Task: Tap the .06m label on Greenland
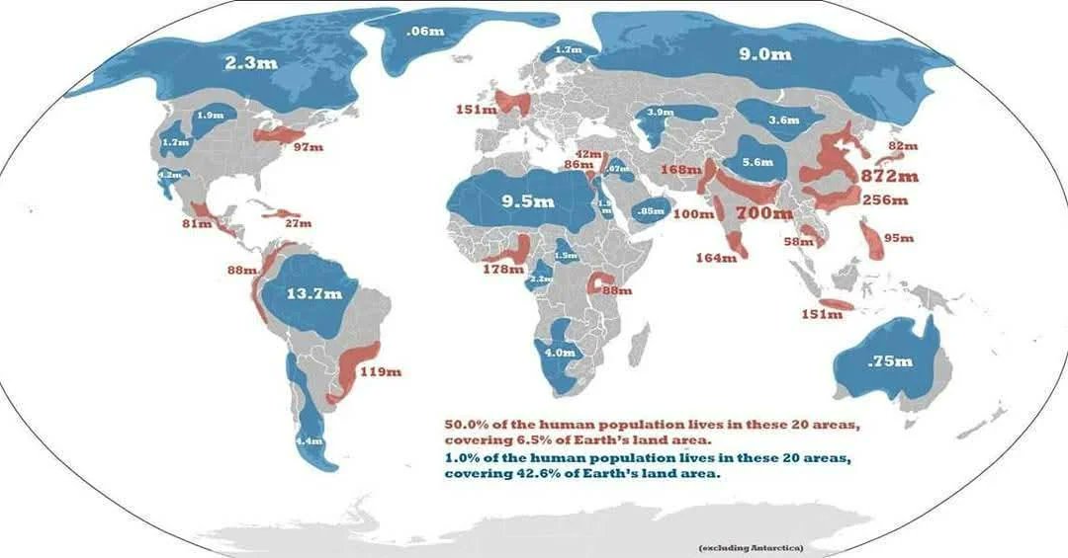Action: (x=424, y=32)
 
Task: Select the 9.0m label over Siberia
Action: (x=764, y=54)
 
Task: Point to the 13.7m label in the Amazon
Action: (x=313, y=293)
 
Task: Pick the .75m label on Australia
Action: (x=889, y=361)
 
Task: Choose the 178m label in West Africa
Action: (x=502, y=270)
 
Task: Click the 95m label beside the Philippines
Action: (x=900, y=238)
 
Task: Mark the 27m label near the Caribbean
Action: (x=298, y=223)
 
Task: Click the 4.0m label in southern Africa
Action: (x=560, y=352)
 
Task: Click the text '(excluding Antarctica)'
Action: (x=751, y=547)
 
